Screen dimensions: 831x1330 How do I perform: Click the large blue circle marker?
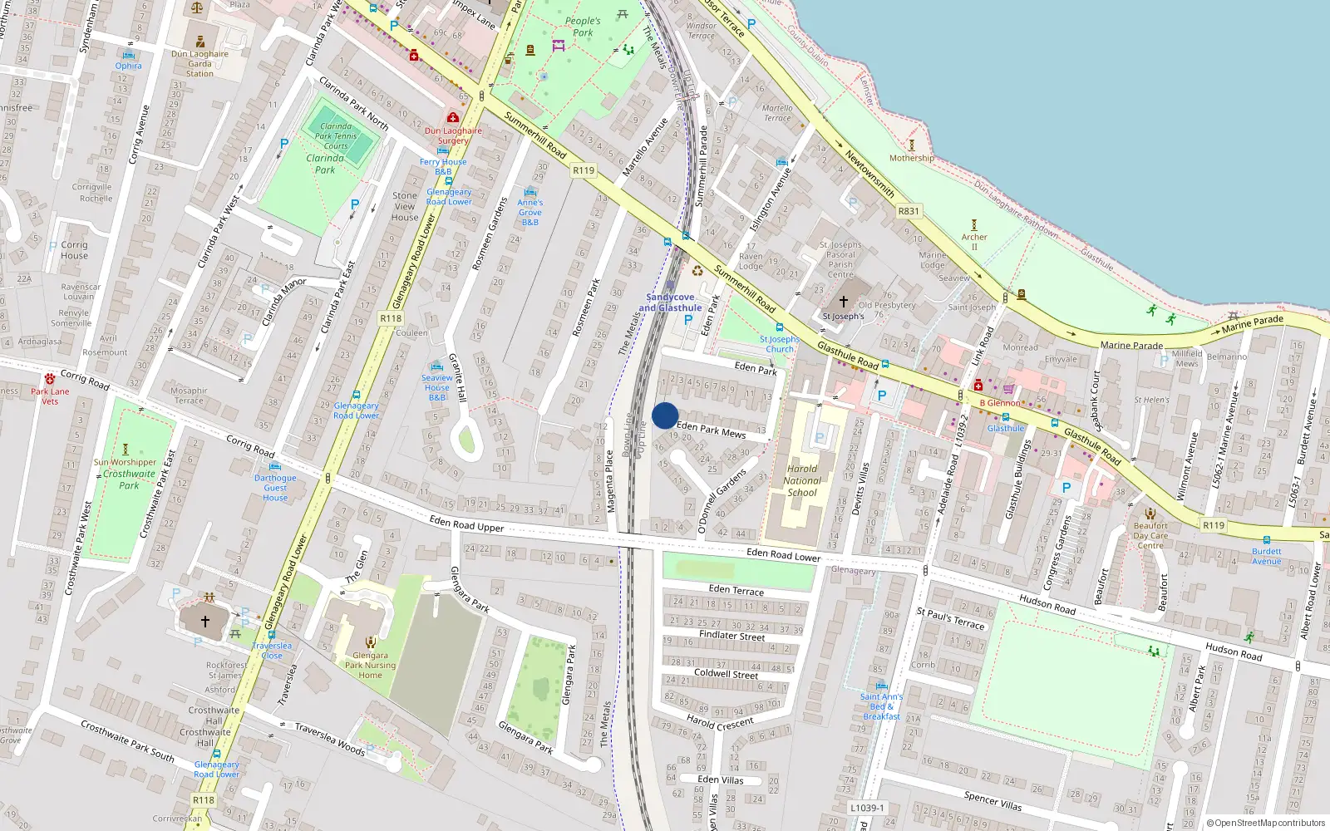coord(665,415)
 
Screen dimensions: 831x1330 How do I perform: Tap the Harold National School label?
coord(802,480)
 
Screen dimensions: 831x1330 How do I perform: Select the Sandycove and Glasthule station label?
coord(670,302)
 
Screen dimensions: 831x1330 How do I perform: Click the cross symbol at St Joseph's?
coord(843,302)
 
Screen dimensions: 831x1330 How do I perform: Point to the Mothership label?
coord(911,158)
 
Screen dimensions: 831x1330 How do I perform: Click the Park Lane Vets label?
coord(50,396)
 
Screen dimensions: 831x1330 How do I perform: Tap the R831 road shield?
coord(909,211)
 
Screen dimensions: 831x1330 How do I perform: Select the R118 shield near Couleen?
coord(391,318)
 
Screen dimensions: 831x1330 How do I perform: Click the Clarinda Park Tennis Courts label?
coord(336,136)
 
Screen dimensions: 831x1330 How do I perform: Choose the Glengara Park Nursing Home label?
coord(370,665)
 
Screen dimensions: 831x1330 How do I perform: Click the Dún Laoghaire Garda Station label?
coord(199,63)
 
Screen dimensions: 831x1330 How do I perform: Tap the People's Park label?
coord(583,27)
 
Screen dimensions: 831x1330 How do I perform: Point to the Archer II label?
coord(974,242)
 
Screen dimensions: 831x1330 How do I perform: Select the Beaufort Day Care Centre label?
coord(1150,535)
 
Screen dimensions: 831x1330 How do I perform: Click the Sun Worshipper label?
coord(125,462)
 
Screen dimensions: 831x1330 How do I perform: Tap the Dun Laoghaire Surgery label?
coord(453,135)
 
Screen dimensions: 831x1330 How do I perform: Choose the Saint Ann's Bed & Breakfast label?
coord(881,706)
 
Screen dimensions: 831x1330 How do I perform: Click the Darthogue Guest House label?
coord(275,488)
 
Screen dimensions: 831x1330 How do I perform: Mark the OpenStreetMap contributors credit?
coord(1266,823)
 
